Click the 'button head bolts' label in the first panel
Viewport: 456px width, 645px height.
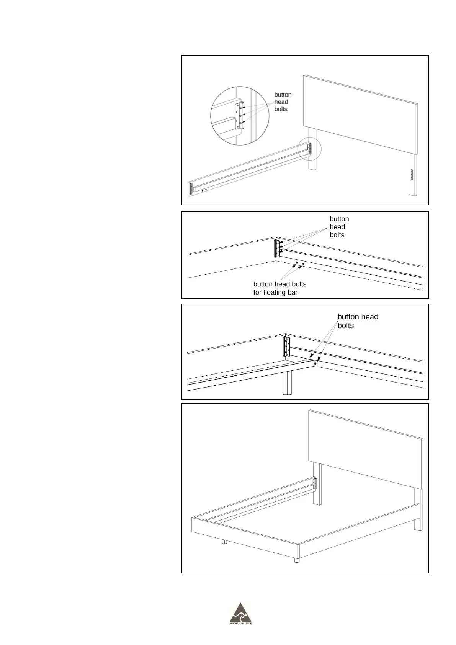[x=283, y=102]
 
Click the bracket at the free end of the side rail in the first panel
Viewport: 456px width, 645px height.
[x=190, y=188]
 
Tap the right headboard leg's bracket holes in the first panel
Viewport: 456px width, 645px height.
[x=412, y=175]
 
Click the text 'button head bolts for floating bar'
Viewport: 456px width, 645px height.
[x=279, y=288]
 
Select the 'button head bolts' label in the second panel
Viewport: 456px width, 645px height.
[x=339, y=227]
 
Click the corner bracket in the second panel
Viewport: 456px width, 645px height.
[x=277, y=249]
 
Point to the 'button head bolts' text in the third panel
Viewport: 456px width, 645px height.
[x=358, y=321]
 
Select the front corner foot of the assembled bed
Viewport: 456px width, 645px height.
[x=297, y=560]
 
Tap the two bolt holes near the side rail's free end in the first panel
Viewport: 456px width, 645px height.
[x=204, y=189]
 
